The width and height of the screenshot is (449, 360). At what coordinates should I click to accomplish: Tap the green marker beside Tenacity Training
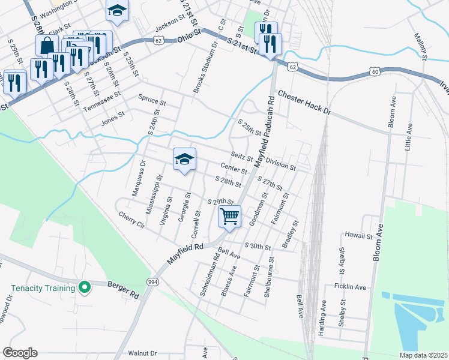(x=85, y=288)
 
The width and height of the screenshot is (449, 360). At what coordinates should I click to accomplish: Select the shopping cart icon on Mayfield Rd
(x=229, y=216)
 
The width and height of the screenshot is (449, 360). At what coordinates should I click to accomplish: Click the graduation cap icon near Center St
(x=185, y=159)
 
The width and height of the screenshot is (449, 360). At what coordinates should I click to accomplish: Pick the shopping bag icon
(x=47, y=45)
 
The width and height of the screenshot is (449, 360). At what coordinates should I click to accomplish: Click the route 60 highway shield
(x=374, y=72)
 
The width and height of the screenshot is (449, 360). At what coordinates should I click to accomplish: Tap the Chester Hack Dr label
(x=304, y=103)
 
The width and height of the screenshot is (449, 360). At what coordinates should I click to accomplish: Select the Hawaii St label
(x=359, y=235)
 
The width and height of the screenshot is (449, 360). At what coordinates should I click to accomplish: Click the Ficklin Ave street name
(x=351, y=287)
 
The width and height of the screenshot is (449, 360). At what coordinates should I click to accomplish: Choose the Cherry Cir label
(x=132, y=220)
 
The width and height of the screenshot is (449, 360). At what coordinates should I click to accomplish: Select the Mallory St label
(x=420, y=46)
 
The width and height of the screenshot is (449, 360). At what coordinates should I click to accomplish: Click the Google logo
(x=20, y=353)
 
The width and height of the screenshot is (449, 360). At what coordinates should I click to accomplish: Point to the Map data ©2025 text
(x=423, y=355)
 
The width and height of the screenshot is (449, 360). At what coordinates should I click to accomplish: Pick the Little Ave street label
(x=409, y=137)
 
